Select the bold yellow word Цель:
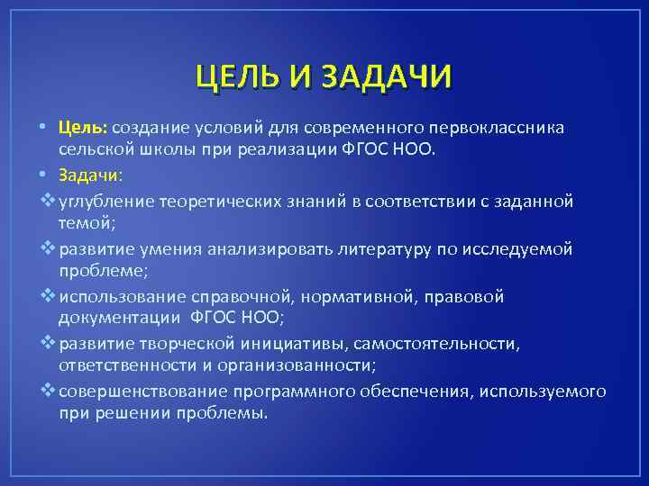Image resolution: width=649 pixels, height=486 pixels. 83,127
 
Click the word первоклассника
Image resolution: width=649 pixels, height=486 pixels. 502,127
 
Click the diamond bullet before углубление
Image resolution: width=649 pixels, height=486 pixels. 49,200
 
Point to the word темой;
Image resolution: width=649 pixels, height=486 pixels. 85,221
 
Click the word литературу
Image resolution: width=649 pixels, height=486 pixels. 400,248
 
